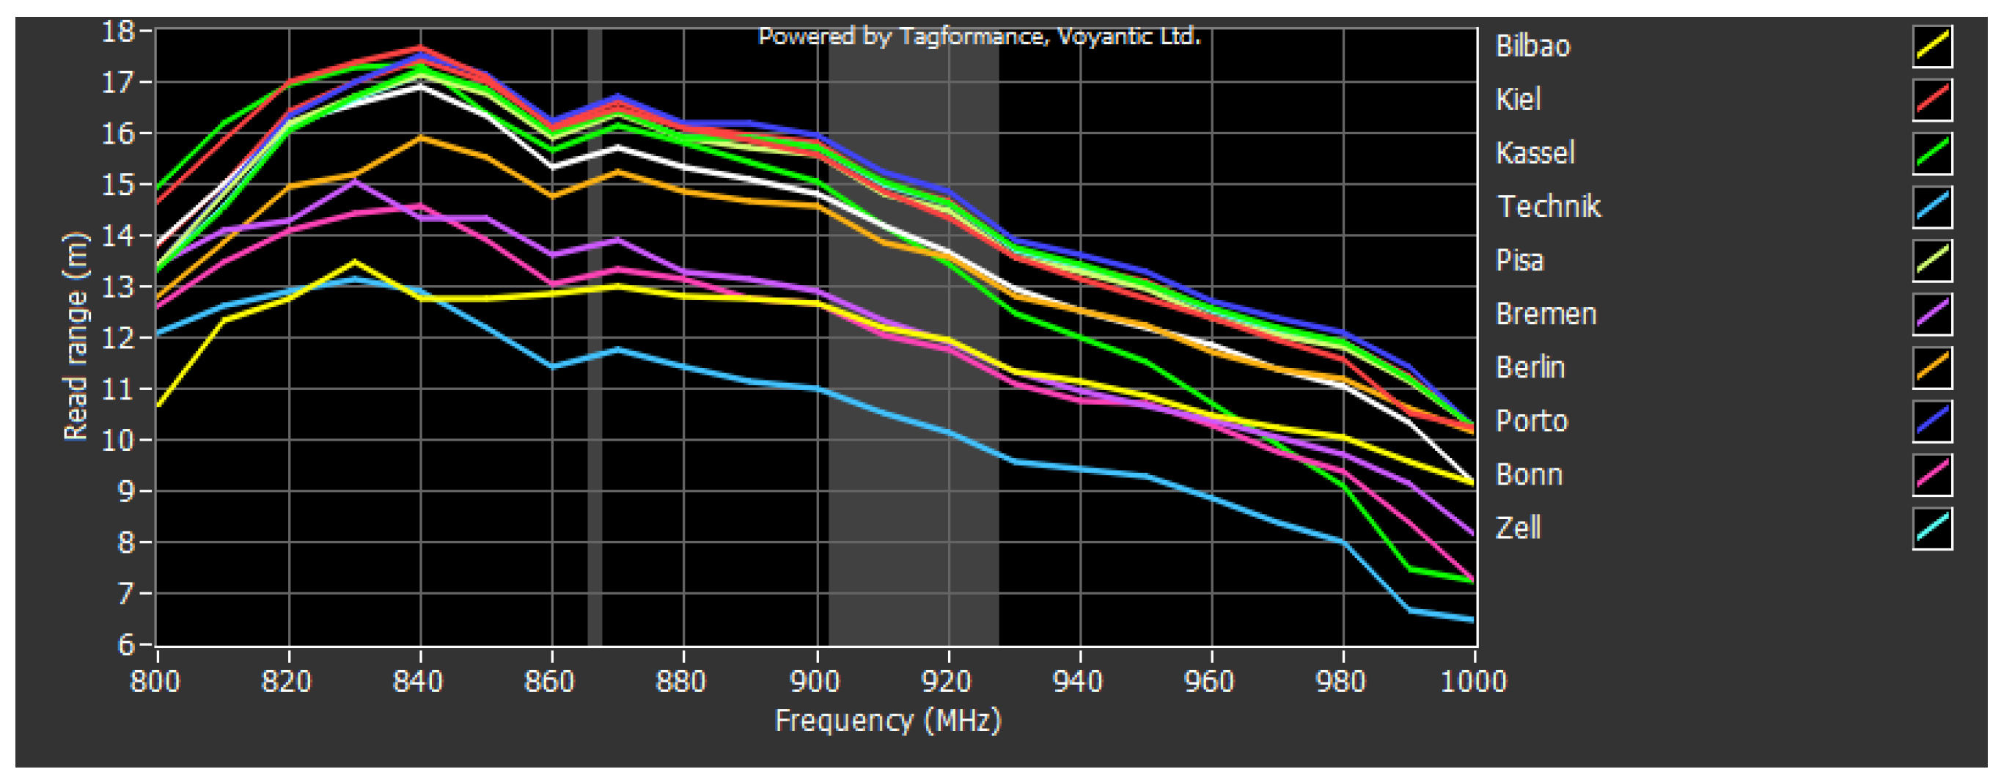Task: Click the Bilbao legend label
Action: coord(1532,46)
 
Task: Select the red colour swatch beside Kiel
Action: coord(1932,100)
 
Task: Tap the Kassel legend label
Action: coord(1535,153)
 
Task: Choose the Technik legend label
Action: coord(1548,207)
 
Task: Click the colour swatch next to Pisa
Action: coord(1932,260)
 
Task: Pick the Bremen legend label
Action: coord(1546,314)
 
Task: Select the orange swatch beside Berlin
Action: coord(1932,367)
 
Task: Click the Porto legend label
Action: coord(1532,421)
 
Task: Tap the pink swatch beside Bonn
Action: coord(1932,475)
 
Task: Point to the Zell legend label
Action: coord(1518,529)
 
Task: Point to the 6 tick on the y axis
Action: coord(126,645)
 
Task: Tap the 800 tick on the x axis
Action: coord(155,681)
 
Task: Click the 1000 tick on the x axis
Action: coord(1473,681)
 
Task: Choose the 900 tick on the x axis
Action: coord(815,681)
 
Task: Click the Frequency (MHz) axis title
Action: coord(888,720)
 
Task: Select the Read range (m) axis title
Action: coord(76,336)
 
